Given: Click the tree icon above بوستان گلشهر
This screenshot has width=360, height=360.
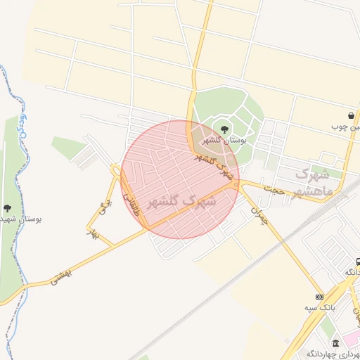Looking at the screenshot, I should coord(224,129).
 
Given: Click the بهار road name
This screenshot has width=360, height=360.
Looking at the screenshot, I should coord(91,231).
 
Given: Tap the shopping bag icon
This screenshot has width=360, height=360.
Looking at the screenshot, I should coord(351,115).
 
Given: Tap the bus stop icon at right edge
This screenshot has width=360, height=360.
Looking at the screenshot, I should coord(358,261).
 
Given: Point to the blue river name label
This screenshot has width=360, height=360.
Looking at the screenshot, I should coord(22,127).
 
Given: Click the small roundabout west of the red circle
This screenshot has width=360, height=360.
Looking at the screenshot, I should coord(115,169).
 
